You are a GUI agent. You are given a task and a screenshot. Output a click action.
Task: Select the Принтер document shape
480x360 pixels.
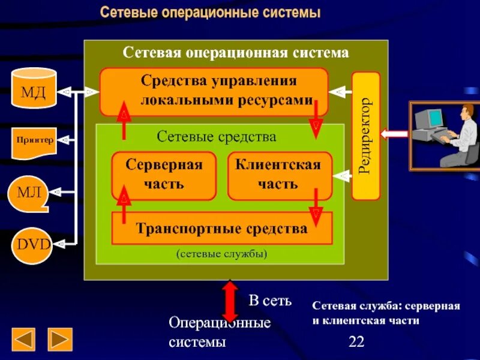pos(34,142)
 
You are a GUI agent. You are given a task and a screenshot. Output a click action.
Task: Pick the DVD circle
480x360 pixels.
pos(33,245)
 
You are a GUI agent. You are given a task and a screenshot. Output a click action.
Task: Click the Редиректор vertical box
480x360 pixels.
pos(365,136)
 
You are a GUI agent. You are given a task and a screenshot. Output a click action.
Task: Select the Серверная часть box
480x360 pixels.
pos(164,175)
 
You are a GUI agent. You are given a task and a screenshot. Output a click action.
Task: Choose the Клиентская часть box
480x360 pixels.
pos(278,175)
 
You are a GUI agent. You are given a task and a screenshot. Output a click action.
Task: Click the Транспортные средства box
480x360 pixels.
pos(221,229)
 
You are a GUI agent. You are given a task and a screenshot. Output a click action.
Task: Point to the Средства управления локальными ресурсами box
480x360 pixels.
pos(214,91)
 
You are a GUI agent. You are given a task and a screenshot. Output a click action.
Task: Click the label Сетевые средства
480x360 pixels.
pos(217,137)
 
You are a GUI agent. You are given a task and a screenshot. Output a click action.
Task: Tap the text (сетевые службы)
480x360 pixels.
pos(221,254)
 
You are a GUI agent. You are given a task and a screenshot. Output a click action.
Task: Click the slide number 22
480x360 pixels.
pos(356,342)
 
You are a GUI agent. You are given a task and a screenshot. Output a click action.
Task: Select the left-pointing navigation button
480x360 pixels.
pos(24,339)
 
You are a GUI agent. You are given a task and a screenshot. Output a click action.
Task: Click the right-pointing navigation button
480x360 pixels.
pos(60,339)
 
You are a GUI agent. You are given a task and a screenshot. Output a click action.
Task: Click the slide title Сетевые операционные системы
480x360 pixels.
pos(210,13)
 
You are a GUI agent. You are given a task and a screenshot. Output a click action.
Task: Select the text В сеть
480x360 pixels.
pos(270,301)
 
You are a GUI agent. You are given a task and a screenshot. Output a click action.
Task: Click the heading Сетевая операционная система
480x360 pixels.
pos(235,53)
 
